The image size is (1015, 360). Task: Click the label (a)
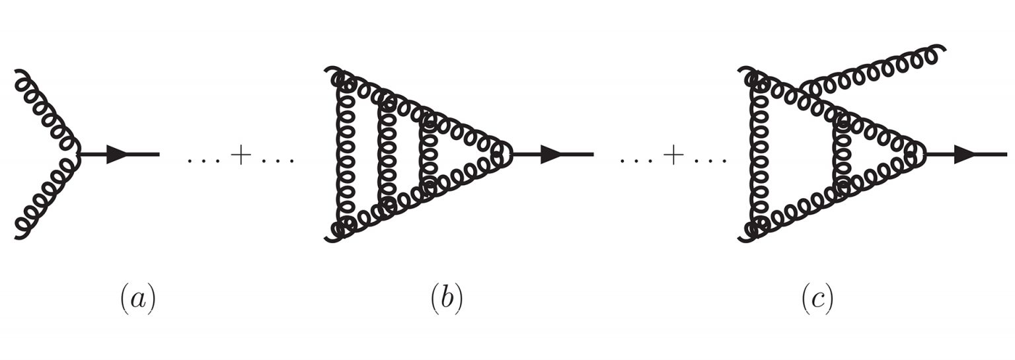coord(138,299)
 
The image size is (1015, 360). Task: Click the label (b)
coord(447,299)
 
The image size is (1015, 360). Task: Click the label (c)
coord(817,299)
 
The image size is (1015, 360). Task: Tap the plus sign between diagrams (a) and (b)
coord(241,155)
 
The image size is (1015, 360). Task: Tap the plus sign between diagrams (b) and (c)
coord(674,155)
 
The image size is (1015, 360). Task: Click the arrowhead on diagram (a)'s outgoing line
coord(118,155)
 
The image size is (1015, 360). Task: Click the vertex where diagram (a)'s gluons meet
coord(80,155)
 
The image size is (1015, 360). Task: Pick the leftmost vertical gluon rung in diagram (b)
coord(346,155)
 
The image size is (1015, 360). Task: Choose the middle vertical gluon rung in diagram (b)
coord(387,155)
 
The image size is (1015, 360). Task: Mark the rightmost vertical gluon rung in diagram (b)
coord(428,155)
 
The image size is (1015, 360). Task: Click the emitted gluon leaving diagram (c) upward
coord(870,73)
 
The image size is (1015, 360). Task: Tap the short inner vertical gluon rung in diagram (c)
coord(842,155)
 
